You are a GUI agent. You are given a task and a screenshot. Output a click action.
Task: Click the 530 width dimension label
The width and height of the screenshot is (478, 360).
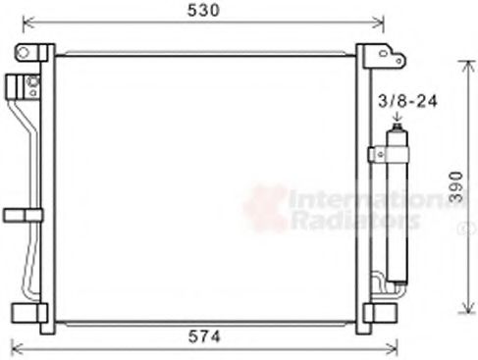[x=203, y=11]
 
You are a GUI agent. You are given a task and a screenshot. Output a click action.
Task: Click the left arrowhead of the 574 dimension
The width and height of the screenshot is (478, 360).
[x=14, y=346]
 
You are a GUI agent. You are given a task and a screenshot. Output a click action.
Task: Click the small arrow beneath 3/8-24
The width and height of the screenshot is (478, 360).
[x=398, y=123]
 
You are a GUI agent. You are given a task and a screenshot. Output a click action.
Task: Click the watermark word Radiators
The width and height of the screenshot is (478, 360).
[x=339, y=222]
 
